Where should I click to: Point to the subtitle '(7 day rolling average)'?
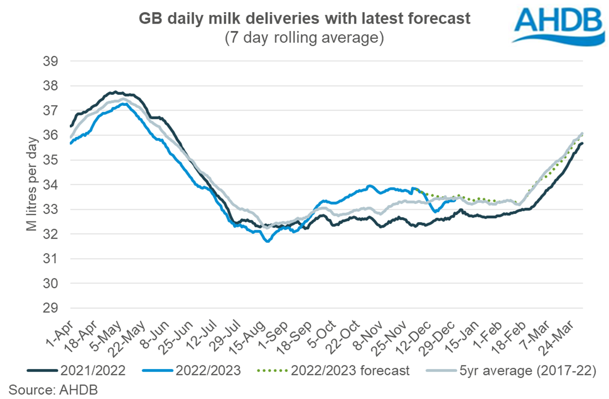[x=304, y=38]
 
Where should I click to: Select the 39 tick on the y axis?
[x=50, y=61]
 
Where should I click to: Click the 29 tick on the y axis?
[x=50, y=308]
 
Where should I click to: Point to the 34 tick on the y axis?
[x=50, y=185]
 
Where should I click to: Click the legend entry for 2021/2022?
[x=84, y=371]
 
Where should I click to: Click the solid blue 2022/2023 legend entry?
[x=194, y=371]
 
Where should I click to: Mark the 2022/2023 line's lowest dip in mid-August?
[x=268, y=241]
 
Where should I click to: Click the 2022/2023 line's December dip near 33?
[x=435, y=211]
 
